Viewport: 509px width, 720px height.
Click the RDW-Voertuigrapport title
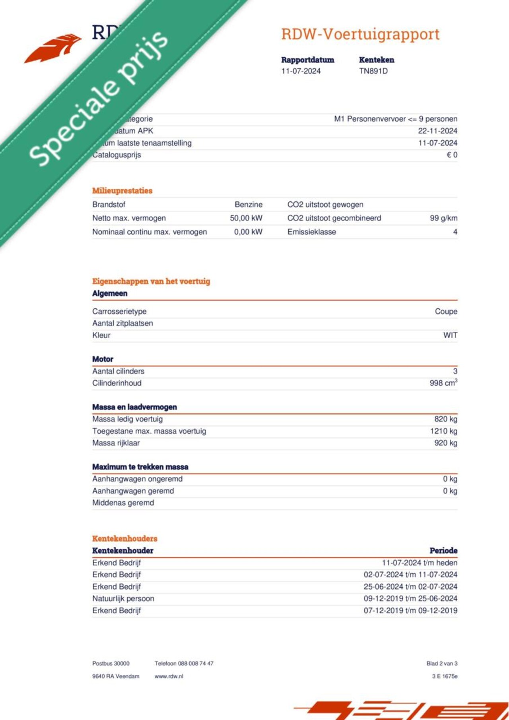point(360,35)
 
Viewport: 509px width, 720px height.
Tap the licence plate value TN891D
point(373,71)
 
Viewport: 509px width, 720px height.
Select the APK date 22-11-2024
point(437,131)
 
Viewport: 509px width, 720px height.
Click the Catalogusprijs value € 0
point(452,155)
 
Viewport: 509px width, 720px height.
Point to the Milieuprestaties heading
point(122,191)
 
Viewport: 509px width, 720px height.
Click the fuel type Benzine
point(249,205)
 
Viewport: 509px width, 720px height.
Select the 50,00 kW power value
point(246,218)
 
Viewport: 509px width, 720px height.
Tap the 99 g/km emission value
point(443,218)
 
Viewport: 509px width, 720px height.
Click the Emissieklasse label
point(311,232)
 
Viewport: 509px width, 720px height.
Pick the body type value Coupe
point(446,312)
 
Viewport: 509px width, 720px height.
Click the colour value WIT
point(450,335)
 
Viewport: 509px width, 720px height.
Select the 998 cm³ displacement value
point(443,383)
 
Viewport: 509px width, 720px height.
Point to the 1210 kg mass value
point(443,431)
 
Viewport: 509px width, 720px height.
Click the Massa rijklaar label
point(116,443)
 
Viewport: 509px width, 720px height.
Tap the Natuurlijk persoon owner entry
point(123,598)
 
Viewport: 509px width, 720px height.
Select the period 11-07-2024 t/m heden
point(419,563)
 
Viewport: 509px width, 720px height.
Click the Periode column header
point(443,551)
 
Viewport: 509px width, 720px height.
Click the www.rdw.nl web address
point(169,676)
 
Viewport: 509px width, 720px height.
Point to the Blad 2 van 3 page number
point(442,664)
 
